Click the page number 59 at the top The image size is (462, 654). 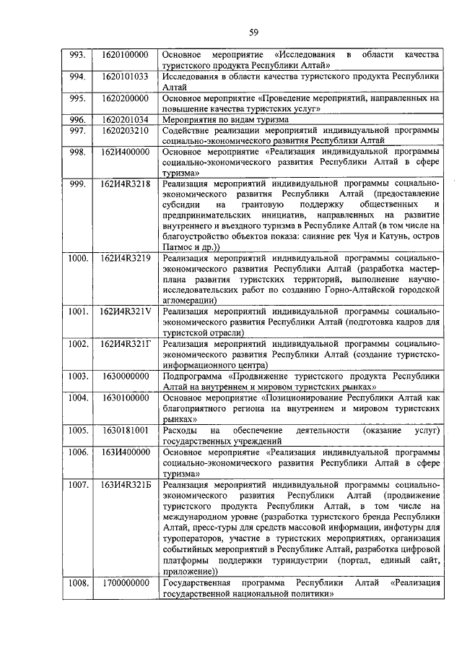tap(254, 31)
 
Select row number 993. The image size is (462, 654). tap(76, 55)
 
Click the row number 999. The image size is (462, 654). tap(76, 184)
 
